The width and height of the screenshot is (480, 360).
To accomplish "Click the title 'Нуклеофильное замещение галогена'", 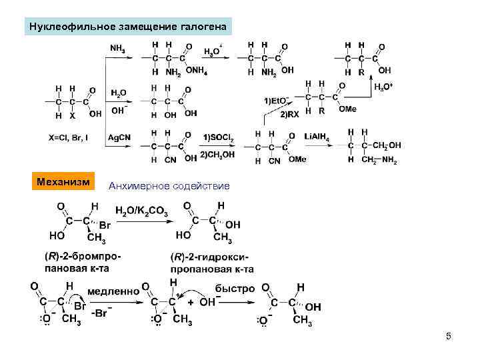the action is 128,27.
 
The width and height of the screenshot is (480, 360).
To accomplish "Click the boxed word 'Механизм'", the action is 65,181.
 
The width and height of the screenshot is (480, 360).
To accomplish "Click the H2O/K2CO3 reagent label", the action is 142,211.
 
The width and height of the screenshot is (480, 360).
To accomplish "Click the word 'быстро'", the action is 235,289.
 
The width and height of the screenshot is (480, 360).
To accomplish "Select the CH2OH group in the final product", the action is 387,145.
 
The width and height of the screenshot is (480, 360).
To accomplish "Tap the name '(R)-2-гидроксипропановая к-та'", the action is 212,263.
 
